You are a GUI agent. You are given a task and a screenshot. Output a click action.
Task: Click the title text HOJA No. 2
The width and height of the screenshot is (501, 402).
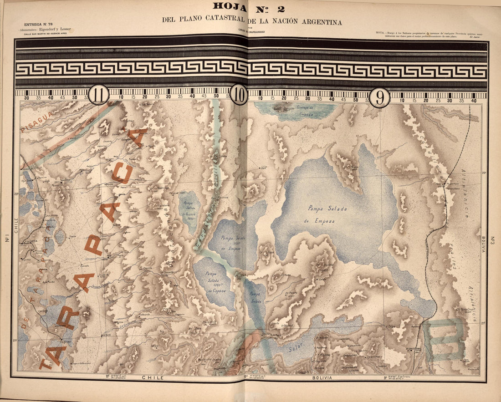point(249,7)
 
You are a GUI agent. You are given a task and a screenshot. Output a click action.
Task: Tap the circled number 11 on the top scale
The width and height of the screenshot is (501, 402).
point(98,95)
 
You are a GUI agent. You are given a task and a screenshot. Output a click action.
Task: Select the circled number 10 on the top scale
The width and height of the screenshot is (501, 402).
point(239,95)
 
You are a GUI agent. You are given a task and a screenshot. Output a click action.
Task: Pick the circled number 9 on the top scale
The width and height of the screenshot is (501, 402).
point(379,97)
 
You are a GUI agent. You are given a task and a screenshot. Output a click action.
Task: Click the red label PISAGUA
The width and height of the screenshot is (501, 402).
point(36,122)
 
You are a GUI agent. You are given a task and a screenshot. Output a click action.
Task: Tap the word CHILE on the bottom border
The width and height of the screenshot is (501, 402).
point(153,378)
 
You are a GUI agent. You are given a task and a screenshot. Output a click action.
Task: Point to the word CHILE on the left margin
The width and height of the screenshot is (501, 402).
point(15,225)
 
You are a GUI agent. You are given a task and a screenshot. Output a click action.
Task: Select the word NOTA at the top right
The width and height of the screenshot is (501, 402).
point(381,33)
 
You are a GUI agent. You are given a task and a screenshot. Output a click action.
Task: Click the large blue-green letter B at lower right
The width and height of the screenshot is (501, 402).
point(444,339)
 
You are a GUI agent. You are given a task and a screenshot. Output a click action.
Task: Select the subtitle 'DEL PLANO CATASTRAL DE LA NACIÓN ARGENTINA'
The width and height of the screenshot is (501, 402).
point(251,21)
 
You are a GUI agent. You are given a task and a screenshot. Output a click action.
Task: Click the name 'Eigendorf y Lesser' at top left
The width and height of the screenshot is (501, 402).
point(55,29)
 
